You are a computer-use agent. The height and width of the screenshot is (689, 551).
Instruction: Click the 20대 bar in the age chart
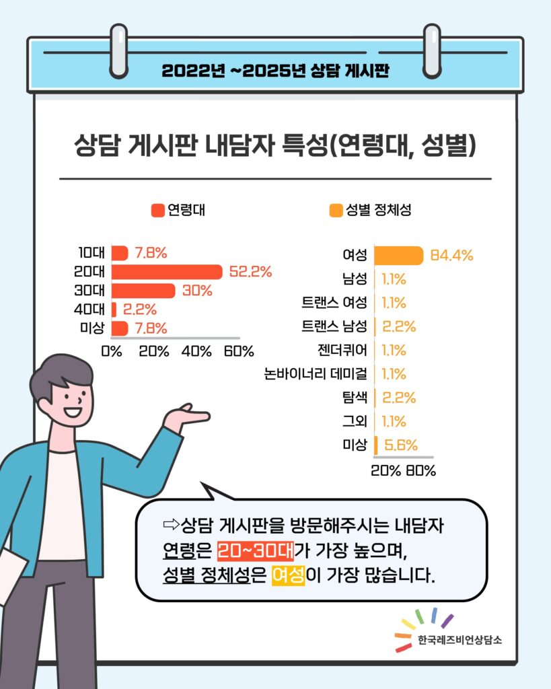click(166, 272)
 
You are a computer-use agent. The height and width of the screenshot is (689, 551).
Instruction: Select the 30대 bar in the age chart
click(143, 291)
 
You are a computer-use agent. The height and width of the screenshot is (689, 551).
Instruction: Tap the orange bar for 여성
click(398, 256)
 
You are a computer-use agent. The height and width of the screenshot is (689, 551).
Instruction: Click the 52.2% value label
click(250, 272)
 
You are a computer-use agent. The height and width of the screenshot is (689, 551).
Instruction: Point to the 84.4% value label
click(451, 256)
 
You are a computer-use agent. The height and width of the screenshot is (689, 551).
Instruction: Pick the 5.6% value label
click(401, 445)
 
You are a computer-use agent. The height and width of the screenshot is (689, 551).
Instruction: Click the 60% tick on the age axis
click(239, 351)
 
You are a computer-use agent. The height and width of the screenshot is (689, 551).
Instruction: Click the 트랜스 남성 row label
click(334, 327)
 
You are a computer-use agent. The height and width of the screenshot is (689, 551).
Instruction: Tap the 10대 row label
click(91, 253)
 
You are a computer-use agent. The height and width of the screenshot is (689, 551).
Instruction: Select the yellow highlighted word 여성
click(288, 577)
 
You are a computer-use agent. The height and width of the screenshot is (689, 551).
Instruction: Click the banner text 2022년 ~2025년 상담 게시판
click(275, 71)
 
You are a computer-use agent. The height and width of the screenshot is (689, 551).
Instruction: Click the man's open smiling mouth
click(72, 411)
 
